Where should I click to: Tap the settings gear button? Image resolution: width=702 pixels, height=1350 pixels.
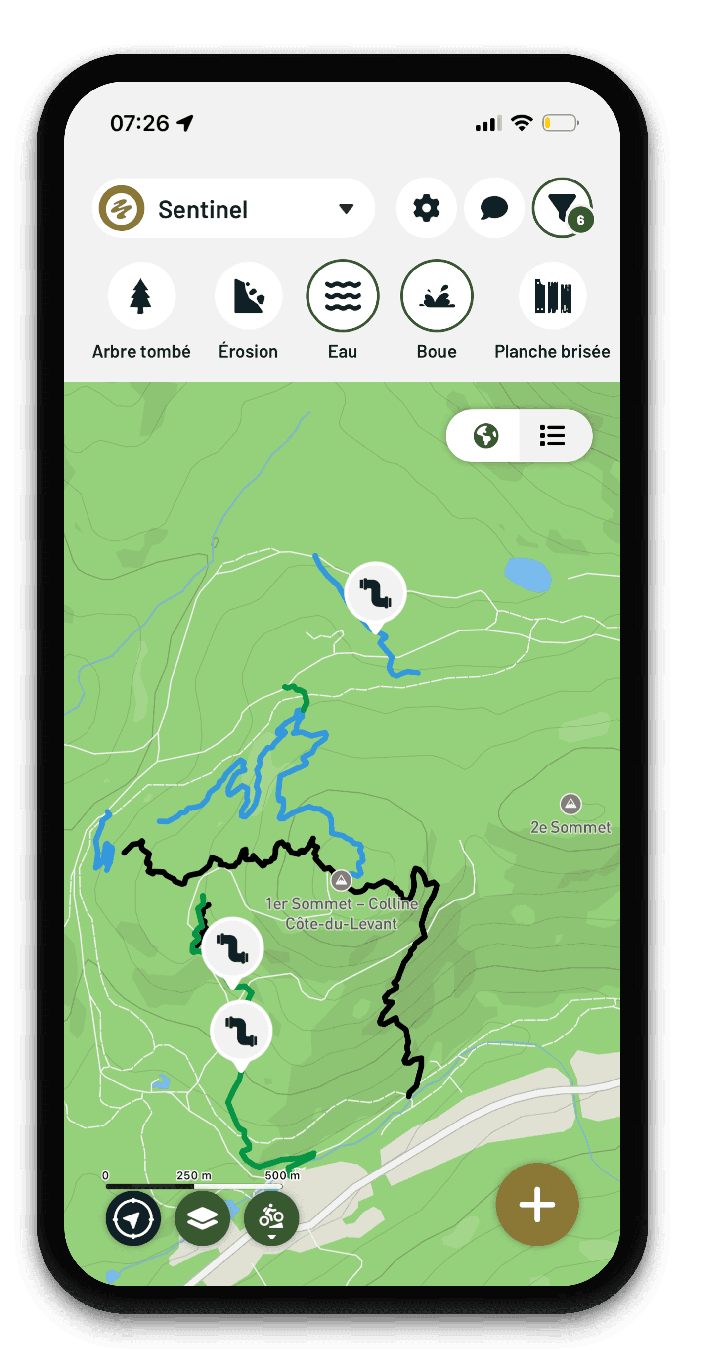[x=426, y=208]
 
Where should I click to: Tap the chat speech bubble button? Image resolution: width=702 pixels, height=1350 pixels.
[x=493, y=208]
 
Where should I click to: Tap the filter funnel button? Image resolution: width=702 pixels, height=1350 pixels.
[x=562, y=208]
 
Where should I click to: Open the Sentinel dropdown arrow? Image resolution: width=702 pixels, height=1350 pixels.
[x=346, y=209]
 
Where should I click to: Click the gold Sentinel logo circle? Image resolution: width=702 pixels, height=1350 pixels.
[x=122, y=208]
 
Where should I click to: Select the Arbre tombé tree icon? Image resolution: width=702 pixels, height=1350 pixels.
[x=141, y=296]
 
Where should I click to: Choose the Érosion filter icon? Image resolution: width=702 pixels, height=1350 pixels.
[x=248, y=296]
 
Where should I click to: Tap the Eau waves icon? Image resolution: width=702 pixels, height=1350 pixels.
[x=343, y=296]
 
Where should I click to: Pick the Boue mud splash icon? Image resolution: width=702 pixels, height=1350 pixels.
[x=437, y=296]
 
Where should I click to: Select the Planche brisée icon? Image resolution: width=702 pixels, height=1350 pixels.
[x=552, y=296]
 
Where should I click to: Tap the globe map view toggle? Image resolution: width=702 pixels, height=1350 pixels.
[x=485, y=436]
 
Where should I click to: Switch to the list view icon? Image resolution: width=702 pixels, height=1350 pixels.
[x=553, y=436]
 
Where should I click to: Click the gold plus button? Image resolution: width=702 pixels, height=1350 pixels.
[x=537, y=1204]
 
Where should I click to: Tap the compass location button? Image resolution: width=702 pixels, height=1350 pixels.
[x=133, y=1219]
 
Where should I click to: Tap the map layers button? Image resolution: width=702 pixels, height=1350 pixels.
[x=202, y=1219]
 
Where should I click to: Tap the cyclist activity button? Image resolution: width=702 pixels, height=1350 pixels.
[x=271, y=1219]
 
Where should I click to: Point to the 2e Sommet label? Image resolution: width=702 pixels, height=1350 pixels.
[x=570, y=827]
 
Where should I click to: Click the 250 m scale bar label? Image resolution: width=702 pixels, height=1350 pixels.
[x=193, y=1175]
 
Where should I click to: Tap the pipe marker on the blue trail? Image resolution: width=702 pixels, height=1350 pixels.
[x=376, y=592]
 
